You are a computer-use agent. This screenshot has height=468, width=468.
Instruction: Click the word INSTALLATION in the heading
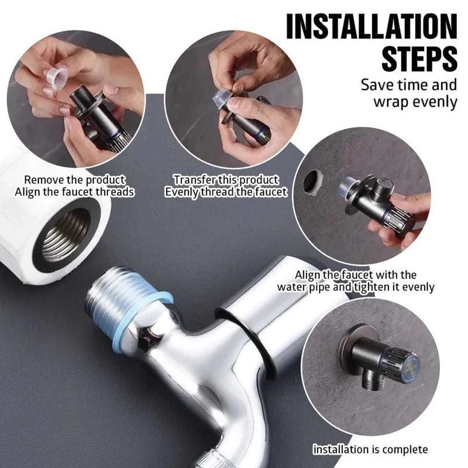pyautogui.click(x=371, y=26)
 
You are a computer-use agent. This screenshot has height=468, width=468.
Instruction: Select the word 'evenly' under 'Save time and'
pyautogui.click(x=434, y=102)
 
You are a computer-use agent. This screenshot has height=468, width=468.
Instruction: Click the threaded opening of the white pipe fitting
pyautogui.click(x=64, y=235)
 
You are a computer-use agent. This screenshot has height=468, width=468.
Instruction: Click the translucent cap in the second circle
pyautogui.click(x=221, y=99)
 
